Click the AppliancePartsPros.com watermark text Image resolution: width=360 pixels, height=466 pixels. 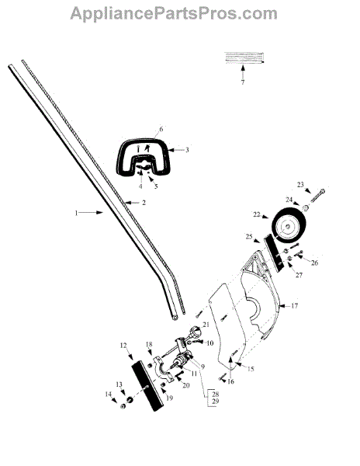174,14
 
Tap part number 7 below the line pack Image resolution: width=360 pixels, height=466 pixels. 243,82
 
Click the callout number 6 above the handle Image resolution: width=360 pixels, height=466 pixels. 161,129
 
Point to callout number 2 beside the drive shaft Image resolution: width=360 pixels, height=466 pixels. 144,203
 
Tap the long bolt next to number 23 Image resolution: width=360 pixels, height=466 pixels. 317,196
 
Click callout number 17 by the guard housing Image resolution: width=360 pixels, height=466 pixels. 294,305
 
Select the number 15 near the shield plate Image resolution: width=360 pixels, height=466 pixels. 251,369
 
